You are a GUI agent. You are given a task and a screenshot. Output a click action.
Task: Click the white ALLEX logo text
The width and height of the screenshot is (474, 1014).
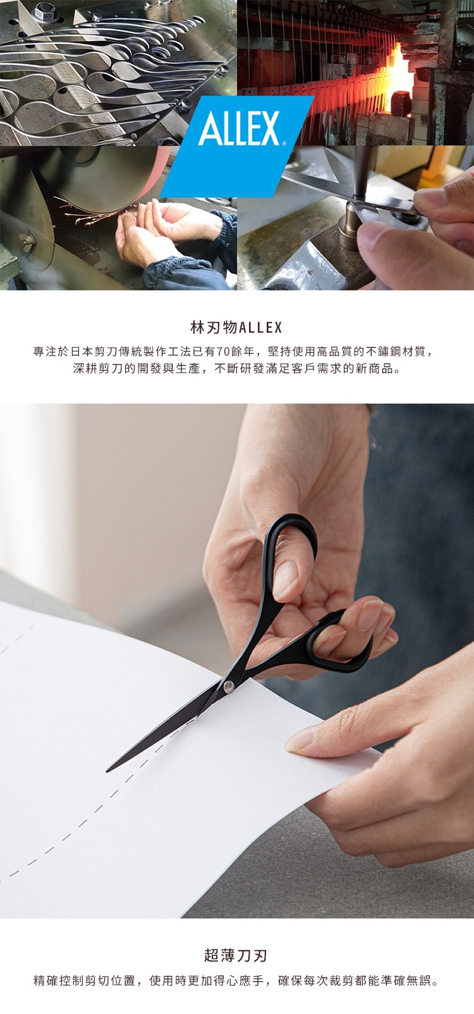239,128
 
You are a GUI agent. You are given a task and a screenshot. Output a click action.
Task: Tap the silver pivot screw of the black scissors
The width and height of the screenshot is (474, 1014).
228,686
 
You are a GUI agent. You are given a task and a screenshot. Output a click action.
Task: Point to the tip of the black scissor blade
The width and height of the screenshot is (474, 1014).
107,770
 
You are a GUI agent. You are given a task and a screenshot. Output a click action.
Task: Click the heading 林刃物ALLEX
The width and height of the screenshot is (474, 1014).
236,327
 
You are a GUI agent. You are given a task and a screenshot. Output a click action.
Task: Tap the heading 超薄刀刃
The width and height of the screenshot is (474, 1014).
236,956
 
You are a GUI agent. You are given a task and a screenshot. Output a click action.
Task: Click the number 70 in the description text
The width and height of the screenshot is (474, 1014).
224,352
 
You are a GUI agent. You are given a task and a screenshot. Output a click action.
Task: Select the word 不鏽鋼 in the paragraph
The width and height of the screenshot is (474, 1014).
384,352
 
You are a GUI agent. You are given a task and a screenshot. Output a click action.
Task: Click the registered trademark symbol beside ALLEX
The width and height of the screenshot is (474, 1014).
284,143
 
